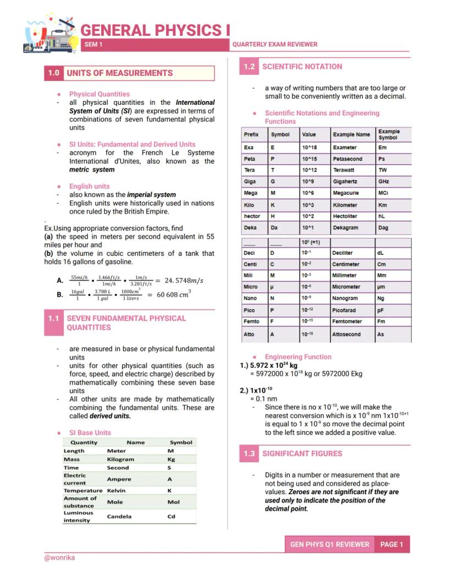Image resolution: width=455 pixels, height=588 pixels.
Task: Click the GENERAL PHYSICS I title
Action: (x=155, y=30)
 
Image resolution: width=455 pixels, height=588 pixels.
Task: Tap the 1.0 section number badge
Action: (x=53, y=73)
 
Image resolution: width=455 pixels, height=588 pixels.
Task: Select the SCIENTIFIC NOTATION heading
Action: (x=302, y=66)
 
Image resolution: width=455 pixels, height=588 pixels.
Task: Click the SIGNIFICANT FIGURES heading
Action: (x=302, y=453)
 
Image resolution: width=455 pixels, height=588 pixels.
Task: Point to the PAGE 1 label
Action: (x=392, y=544)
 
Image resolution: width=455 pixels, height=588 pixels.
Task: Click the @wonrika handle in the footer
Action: (x=59, y=557)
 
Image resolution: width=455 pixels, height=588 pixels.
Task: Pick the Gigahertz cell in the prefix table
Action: (x=345, y=182)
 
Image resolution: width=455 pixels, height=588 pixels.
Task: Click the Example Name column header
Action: (x=351, y=135)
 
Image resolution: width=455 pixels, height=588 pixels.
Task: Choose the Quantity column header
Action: (x=84, y=442)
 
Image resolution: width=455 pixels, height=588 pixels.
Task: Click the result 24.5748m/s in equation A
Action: (x=180, y=281)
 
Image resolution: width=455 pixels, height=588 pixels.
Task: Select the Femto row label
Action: (x=252, y=321)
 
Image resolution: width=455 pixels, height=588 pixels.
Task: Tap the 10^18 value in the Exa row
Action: (x=310, y=148)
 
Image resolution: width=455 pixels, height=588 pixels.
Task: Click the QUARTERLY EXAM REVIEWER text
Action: (x=275, y=44)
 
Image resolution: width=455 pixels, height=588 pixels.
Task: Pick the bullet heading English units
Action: (x=89, y=186)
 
